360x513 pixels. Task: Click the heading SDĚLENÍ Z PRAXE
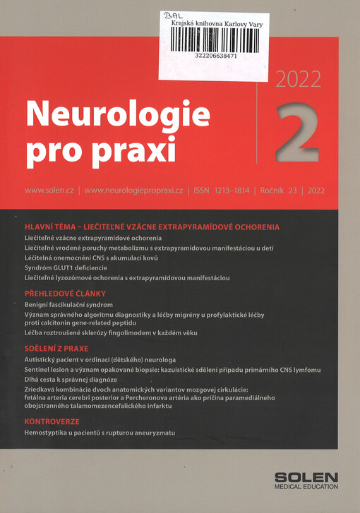point(59,348)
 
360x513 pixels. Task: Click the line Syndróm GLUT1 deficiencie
point(66,268)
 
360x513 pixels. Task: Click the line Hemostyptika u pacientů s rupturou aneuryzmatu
point(99,432)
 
